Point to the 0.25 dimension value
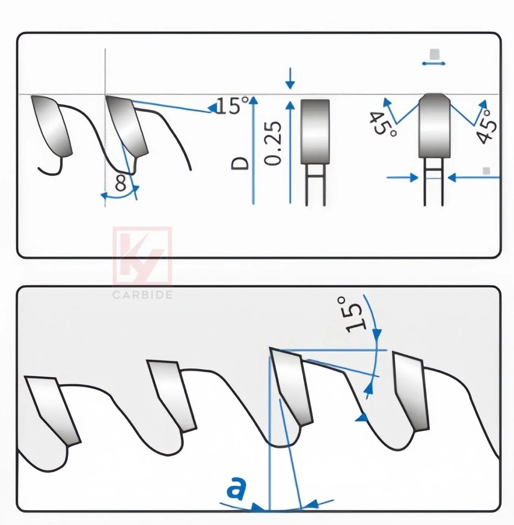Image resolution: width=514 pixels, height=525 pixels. (273, 143)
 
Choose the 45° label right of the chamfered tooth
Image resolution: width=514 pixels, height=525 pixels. (486, 126)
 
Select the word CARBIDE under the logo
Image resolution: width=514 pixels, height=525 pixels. (142, 295)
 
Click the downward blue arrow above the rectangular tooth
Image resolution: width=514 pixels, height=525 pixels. (290, 79)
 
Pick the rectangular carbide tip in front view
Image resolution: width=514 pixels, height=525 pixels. (315, 131)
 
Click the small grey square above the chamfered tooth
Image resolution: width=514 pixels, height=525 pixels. (434, 54)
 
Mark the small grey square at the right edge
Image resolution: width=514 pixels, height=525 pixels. (486, 171)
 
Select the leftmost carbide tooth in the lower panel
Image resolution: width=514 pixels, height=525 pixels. (53, 409)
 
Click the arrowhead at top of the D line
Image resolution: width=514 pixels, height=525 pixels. (253, 100)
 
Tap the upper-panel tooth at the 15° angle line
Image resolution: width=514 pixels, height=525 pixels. (127, 126)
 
